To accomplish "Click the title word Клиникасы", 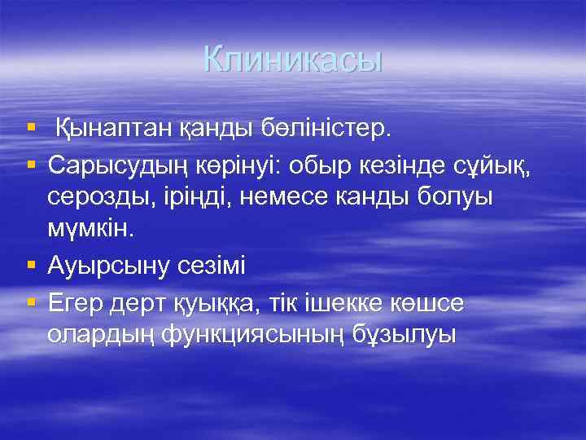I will (293, 59).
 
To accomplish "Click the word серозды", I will (98, 198).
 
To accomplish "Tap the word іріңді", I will (196, 198).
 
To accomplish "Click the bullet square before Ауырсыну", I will (31, 266).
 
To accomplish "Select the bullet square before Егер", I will (31, 301).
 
